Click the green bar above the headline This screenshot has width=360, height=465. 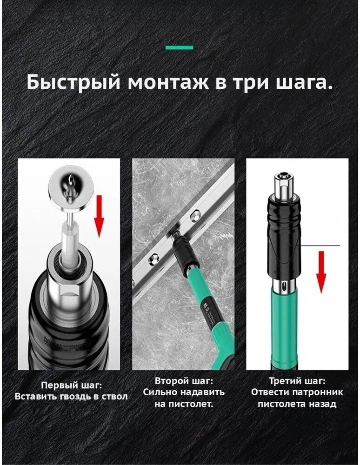[x=179, y=47]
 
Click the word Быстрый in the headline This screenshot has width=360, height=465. [x=73, y=82]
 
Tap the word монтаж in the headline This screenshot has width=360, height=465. [x=168, y=83]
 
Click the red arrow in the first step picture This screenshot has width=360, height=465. [x=100, y=216]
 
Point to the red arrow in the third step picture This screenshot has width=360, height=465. [x=321, y=272]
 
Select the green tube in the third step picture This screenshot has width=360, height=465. [x=284, y=331]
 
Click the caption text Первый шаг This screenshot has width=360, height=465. [x=72, y=385]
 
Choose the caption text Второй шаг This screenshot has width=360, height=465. [x=184, y=380]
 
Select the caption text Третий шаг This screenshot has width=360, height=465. [x=297, y=380]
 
